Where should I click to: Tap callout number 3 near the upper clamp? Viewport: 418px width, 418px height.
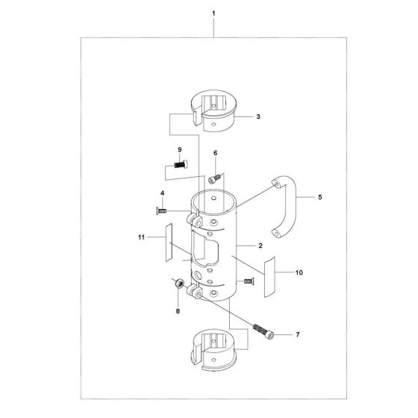pos(258,117)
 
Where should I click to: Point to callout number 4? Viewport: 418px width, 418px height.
pos(161,195)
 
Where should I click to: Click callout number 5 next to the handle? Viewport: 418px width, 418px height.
pos(319,198)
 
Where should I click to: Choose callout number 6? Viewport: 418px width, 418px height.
pos(215,153)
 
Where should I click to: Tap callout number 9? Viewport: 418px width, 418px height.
pos(178,149)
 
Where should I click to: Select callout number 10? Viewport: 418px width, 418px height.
pos(299,273)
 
